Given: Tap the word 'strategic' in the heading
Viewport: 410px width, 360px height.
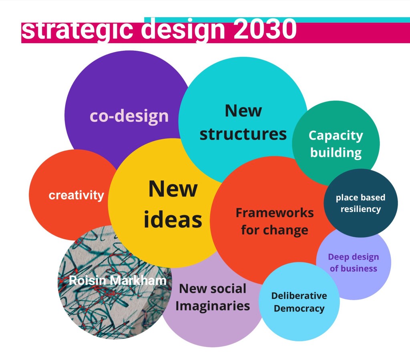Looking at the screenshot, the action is coord(77,31).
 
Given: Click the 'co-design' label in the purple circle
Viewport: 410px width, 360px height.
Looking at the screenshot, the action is coord(129,116).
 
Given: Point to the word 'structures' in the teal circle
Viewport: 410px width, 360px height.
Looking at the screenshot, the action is coord(243,134).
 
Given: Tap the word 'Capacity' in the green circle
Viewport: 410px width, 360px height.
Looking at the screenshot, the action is coord(336,136).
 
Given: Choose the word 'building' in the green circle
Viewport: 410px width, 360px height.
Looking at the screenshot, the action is coord(336,153).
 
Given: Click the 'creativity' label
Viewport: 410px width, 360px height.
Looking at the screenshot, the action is coord(76,196).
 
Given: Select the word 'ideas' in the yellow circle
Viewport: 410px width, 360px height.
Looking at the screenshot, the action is coord(173,220).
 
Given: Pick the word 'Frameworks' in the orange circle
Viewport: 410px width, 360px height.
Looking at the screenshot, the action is coord(275,213).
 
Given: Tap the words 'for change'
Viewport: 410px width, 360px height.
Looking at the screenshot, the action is coord(275,230).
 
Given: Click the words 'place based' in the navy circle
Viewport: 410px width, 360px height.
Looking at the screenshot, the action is coord(361,198).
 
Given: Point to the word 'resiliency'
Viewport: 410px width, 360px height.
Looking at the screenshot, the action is coord(361,209).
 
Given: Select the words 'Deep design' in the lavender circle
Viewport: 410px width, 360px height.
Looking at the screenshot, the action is coord(354,257).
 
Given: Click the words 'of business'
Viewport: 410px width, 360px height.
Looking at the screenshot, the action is coord(354,268).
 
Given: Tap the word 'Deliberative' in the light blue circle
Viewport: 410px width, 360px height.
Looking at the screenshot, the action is coord(299,296).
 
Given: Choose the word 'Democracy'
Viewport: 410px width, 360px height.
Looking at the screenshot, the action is coord(299,308).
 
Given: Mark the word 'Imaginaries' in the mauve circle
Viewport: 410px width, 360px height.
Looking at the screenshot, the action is coord(213,306).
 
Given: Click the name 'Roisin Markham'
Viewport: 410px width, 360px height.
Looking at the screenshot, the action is coord(118,280).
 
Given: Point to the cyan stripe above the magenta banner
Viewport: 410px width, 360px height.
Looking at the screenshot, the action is coord(277,20).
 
